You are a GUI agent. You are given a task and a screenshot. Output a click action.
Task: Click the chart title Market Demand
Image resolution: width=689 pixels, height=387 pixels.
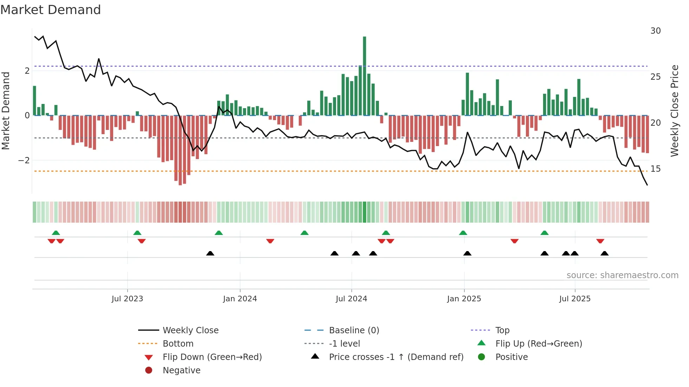pyautogui.click(x=51, y=10)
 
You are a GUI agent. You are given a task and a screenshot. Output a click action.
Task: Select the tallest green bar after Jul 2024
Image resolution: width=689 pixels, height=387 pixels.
pyautogui.click(x=365, y=76)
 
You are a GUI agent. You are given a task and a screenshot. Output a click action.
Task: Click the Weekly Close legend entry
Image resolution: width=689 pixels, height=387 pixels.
pyautogui.click(x=190, y=330)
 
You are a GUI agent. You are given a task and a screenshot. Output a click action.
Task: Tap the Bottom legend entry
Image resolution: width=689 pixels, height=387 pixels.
pyautogui.click(x=178, y=343)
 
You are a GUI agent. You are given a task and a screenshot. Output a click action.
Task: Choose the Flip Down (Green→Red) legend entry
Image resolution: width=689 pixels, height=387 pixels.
pyautogui.click(x=212, y=357)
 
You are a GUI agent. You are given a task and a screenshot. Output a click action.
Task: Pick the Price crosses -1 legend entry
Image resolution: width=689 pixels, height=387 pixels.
pyautogui.click(x=396, y=357)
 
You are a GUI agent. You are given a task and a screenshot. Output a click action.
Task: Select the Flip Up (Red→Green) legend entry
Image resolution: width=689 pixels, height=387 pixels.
pyautogui.click(x=538, y=343)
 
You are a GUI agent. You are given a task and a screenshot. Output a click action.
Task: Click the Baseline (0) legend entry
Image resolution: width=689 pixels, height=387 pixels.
pyautogui.click(x=354, y=330)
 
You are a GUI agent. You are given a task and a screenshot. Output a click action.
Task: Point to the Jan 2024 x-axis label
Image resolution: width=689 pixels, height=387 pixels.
pyautogui.click(x=240, y=299)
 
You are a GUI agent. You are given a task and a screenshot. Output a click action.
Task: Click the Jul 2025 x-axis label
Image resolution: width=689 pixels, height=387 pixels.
pyautogui.click(x=575, y=299)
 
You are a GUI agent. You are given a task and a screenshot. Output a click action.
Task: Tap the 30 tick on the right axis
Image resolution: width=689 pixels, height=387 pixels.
pyautogui.click(x=655, y=31)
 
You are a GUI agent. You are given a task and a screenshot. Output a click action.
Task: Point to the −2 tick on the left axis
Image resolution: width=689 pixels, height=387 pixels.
pyautogui.click(x=24, y=160)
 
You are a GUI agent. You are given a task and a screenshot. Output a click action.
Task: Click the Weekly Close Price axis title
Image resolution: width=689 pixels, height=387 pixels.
pyautogui.click(x=674, y=111)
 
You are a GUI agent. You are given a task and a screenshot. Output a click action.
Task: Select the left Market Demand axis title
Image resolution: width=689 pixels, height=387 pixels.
pyautogui.click(x=6, y=111)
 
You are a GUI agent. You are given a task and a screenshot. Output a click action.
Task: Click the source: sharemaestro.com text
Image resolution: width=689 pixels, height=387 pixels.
pyautogui.click(x=622, y=275)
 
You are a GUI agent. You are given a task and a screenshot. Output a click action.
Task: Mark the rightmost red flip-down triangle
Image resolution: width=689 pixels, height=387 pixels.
pyautogui.click(x=600, y=241)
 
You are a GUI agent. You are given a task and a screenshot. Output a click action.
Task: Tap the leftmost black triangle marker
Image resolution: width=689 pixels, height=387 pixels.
pyautogui.click(x=210, y=253)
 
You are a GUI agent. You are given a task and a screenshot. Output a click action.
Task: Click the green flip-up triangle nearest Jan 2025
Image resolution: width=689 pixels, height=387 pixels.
pyautogui.click(x=463, y=233)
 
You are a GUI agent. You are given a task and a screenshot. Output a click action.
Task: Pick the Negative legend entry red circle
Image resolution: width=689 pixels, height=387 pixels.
pyautogui.click(x=149, y=370)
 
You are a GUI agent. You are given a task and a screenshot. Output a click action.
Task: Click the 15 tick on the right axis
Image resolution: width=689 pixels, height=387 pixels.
pyautogui.click(x=655, y=169)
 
